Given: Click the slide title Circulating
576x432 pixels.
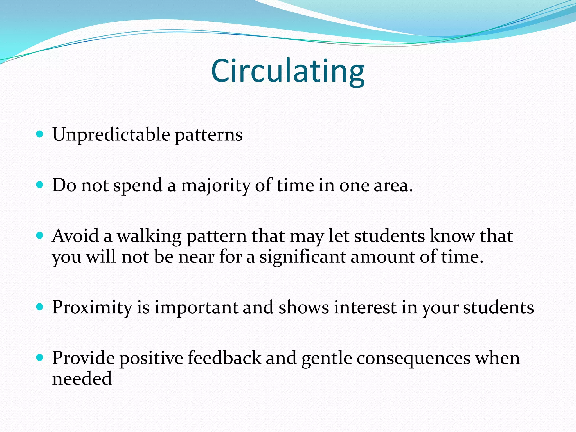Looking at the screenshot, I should tap(288, 71).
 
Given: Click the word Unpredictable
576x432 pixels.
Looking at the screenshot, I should tap(111, 134).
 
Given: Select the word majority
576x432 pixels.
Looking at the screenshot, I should tap(215, 186).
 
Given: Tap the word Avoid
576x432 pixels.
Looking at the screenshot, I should tap(75, 236).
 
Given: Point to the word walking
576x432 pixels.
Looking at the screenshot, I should tap(149, 236).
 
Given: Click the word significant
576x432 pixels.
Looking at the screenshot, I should tap(302, 257).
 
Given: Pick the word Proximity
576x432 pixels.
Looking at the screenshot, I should tap(92, 307).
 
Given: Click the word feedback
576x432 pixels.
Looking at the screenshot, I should tap(224, 358).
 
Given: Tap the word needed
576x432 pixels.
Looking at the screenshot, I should tap(82, 379).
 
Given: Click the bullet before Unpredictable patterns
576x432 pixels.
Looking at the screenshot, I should tap(40, 134).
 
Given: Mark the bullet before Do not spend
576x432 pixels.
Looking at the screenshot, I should tap(40, 185).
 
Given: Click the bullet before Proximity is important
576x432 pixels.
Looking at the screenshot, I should tap(40, 307).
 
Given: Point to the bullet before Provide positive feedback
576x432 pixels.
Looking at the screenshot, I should tap(40, 357).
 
